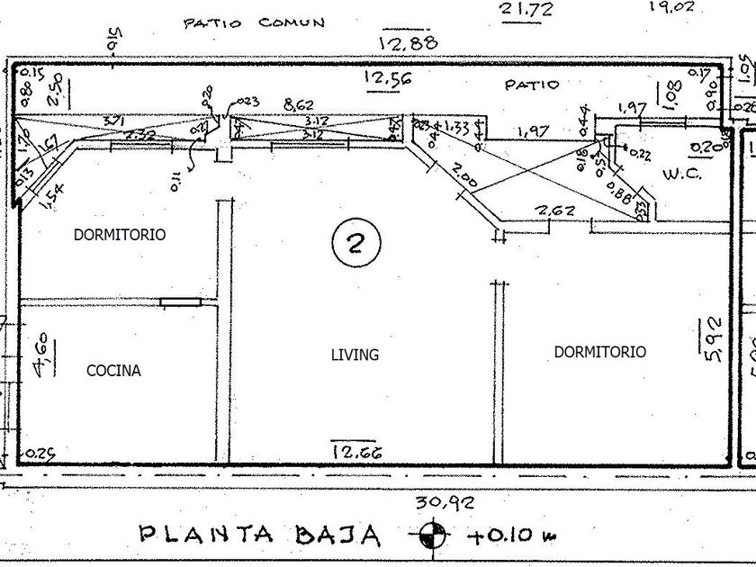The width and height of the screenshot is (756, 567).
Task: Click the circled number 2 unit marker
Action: (355, 244)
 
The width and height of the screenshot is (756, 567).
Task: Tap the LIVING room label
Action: (355, 355)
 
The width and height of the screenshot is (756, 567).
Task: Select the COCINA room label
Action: (113, 370)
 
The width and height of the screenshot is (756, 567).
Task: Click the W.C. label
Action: (680, 173)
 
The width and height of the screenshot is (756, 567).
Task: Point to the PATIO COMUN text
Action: (254, 22)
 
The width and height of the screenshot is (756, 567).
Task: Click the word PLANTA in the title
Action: (206, 533)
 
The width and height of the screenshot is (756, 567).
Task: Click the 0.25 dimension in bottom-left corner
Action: (40, 454)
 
